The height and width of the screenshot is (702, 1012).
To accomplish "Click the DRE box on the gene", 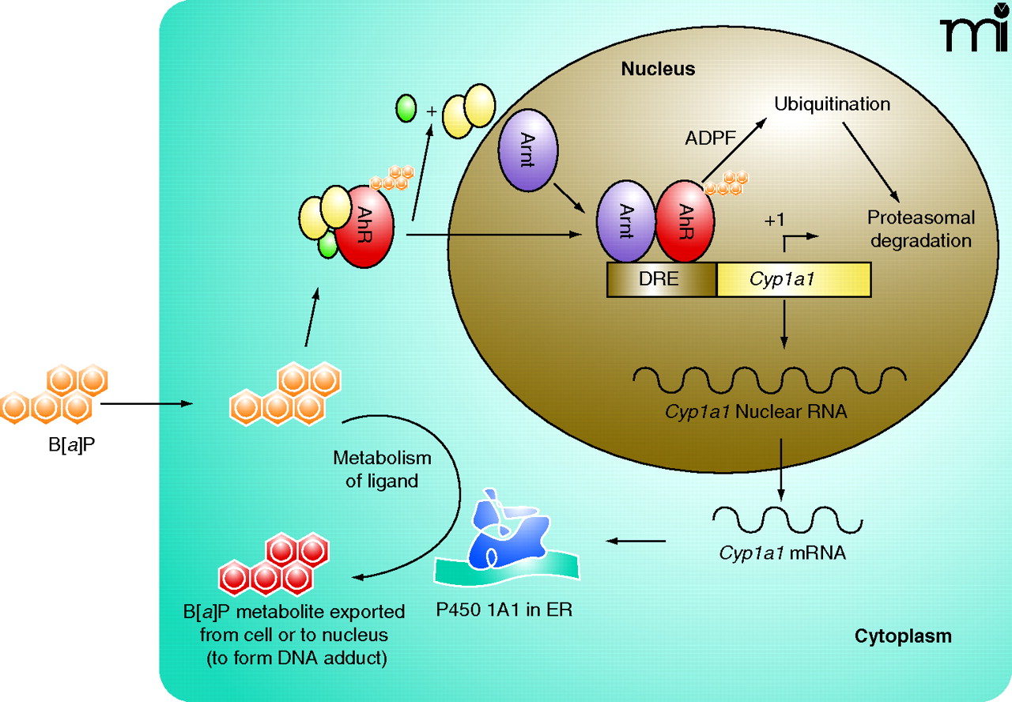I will [x=661, y=280].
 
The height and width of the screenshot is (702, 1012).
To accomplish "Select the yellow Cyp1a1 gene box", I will [x=793, y=280].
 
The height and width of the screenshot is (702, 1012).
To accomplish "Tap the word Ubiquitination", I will [x=832, y=104].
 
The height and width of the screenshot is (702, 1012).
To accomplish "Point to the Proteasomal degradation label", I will [x=920, y=228].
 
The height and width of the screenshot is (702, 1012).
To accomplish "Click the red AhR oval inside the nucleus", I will [x=685, y=221].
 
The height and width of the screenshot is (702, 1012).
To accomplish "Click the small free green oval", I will [x=406, y=108].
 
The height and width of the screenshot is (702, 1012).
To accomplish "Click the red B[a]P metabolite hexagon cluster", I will [x=278, y=566].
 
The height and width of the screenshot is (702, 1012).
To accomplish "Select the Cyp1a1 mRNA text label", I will [x=782, y=553].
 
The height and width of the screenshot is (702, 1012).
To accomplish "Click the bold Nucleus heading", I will [x=658, y=69].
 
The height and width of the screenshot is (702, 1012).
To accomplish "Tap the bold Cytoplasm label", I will [x=903, y=636].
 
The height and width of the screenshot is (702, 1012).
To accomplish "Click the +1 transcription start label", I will [x=774, y=219].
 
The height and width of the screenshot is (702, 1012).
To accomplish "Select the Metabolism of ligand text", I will [x=382, y=469].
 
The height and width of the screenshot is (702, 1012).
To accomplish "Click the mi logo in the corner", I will [x=971, y=32].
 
